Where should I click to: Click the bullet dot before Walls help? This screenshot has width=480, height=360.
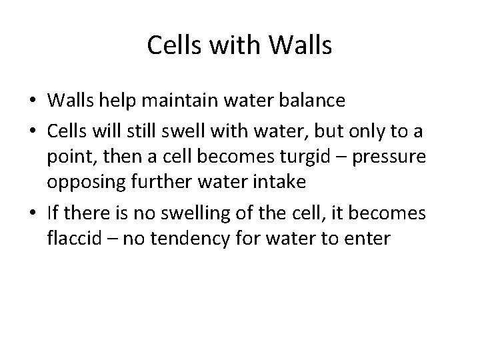click(31, 101)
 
